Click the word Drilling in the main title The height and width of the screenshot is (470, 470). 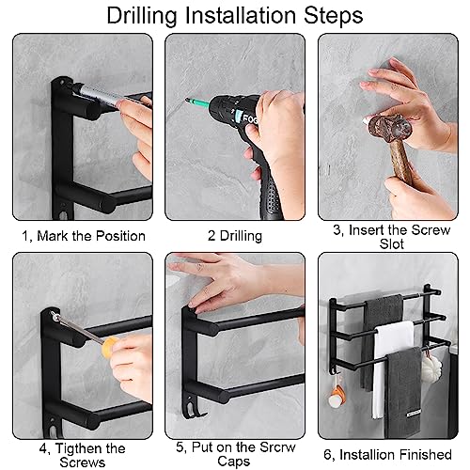pyautogui.click(x=142, y=16)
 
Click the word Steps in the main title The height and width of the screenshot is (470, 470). pyautogui.click(x=334, y=16)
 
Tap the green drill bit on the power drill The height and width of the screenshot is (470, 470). pyautogui.click(x=196, y=102)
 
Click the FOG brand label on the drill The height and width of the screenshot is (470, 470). pyautogui.click(x=250, y=118)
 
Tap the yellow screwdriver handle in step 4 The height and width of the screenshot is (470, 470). pyautogui.click(x=108, y=347)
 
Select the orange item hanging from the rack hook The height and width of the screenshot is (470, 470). pyautogui.click(x=337, y=396)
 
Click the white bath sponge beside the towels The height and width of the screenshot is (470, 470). pyautogui.click(x=431, y=366)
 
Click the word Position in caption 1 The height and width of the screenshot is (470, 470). pyautogui.click(x=120, y=236)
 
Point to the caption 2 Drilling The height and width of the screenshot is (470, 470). pyautogui.click(x=235, y=236)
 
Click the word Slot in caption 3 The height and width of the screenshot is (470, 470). pyautogui.click(x=391, y=244)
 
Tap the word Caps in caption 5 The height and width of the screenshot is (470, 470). pyautogui.click(x=234, y=462)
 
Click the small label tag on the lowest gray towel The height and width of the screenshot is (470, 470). pyautogui.click(x=414, y=414)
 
